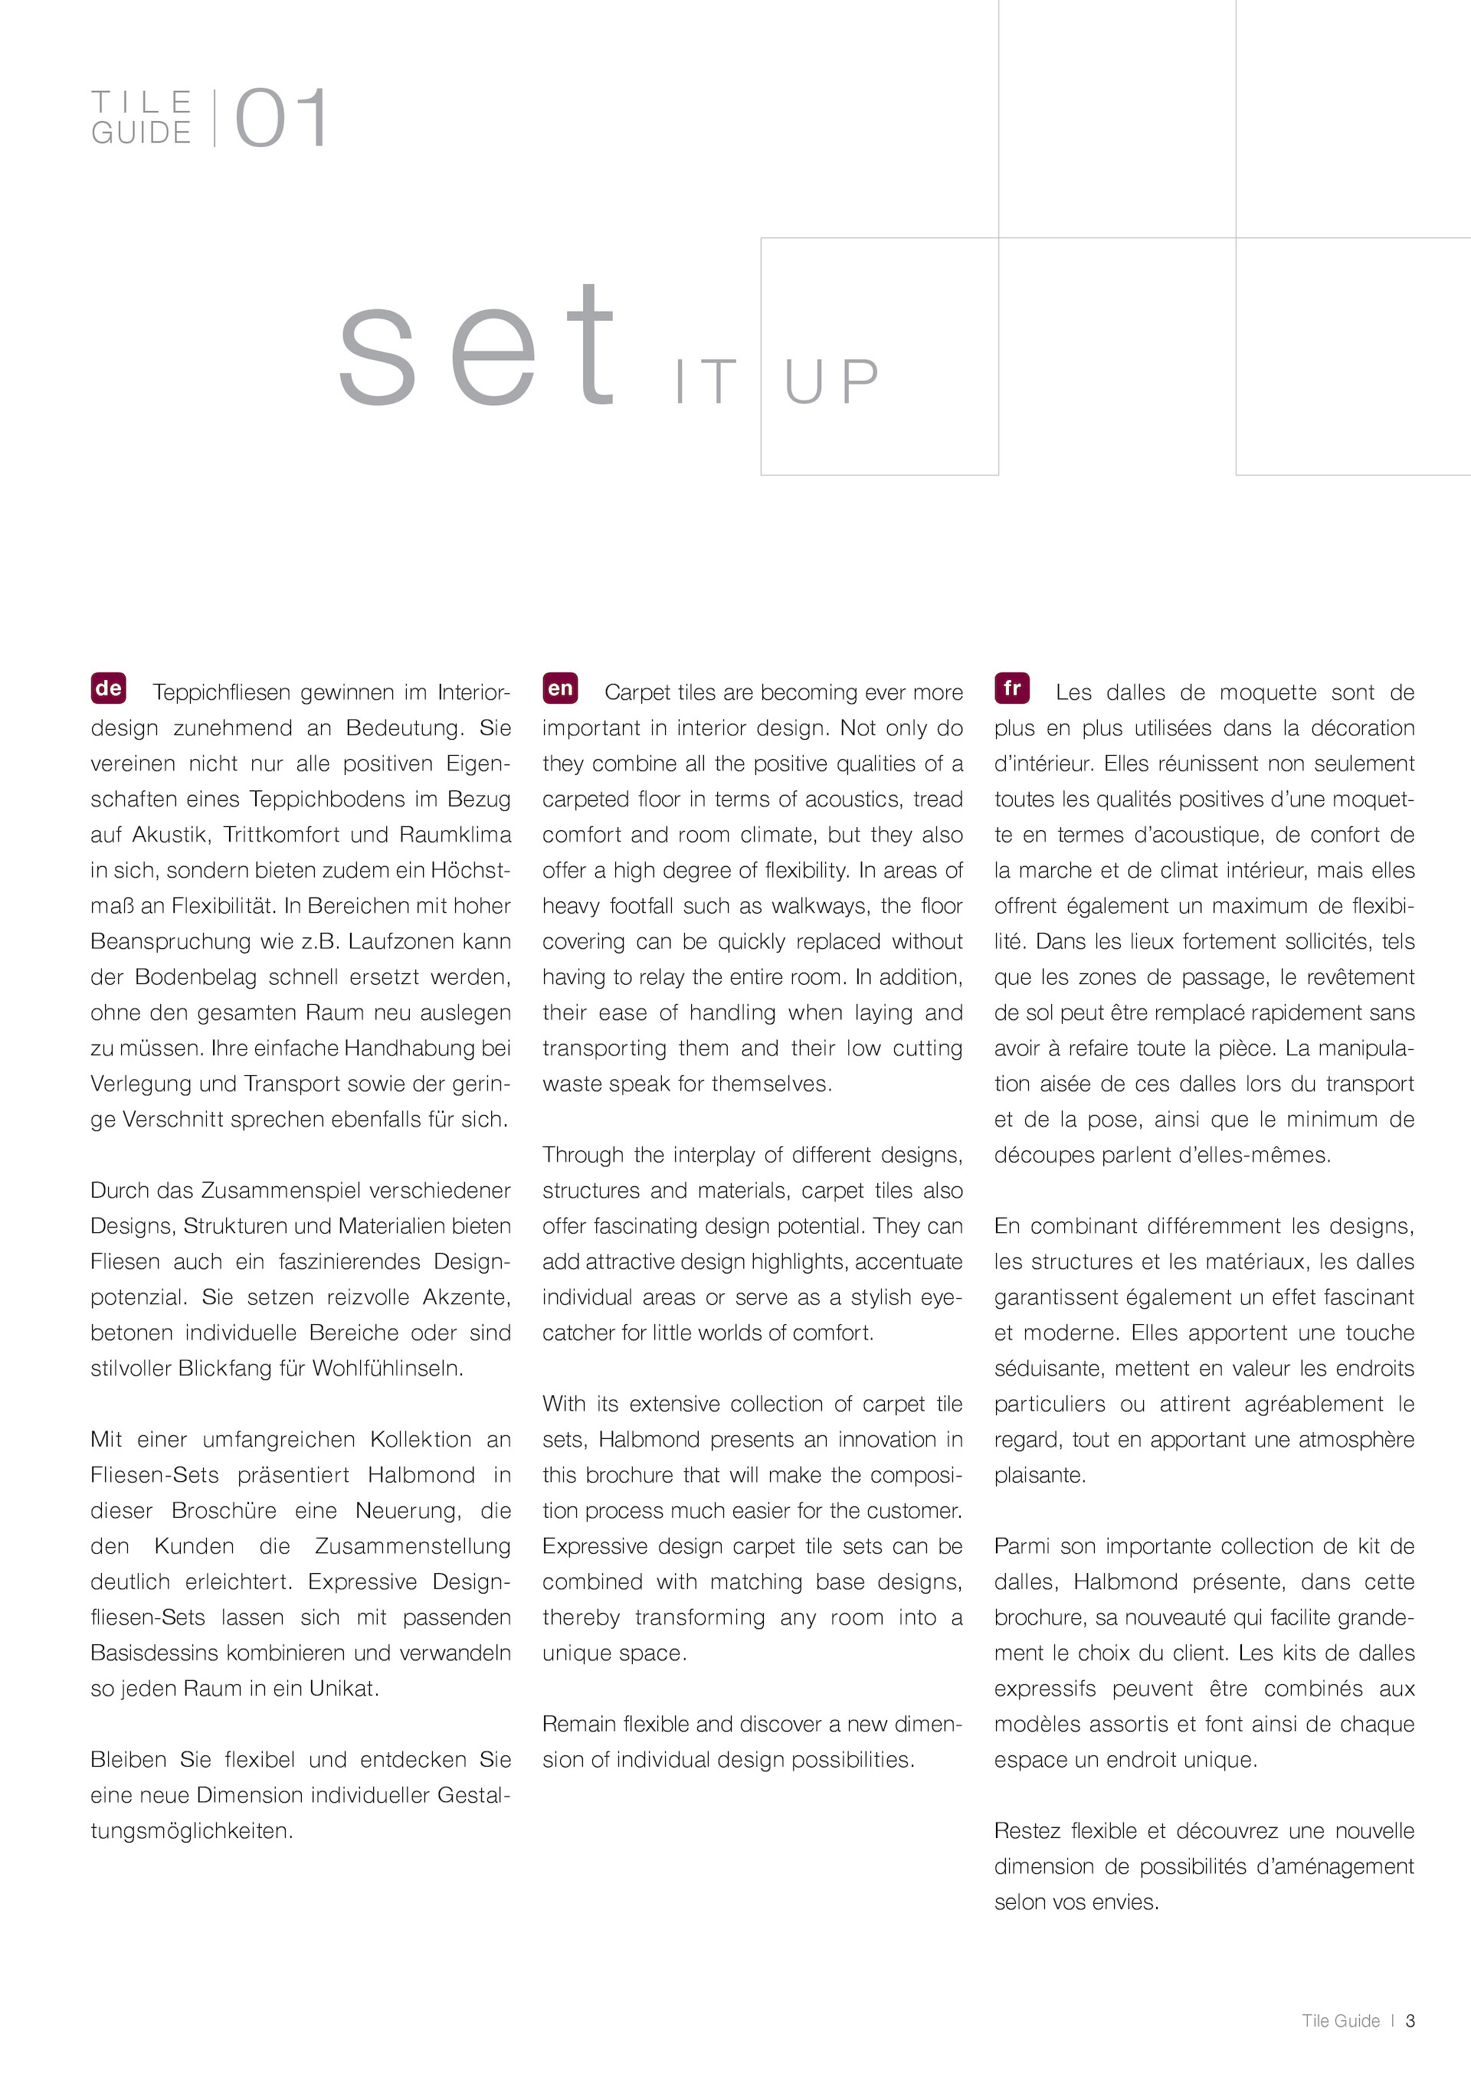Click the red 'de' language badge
108,688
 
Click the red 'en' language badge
560,688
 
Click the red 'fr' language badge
1011,688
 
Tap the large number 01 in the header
282,119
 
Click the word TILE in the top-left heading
143,100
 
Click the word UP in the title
832,381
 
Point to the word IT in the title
705,381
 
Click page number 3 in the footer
1410,2020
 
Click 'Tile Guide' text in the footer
1341,2020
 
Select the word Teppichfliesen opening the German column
224,693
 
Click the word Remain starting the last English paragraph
579,1724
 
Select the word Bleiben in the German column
128,1759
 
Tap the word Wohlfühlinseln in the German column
387,1368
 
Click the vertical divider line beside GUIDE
215,118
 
